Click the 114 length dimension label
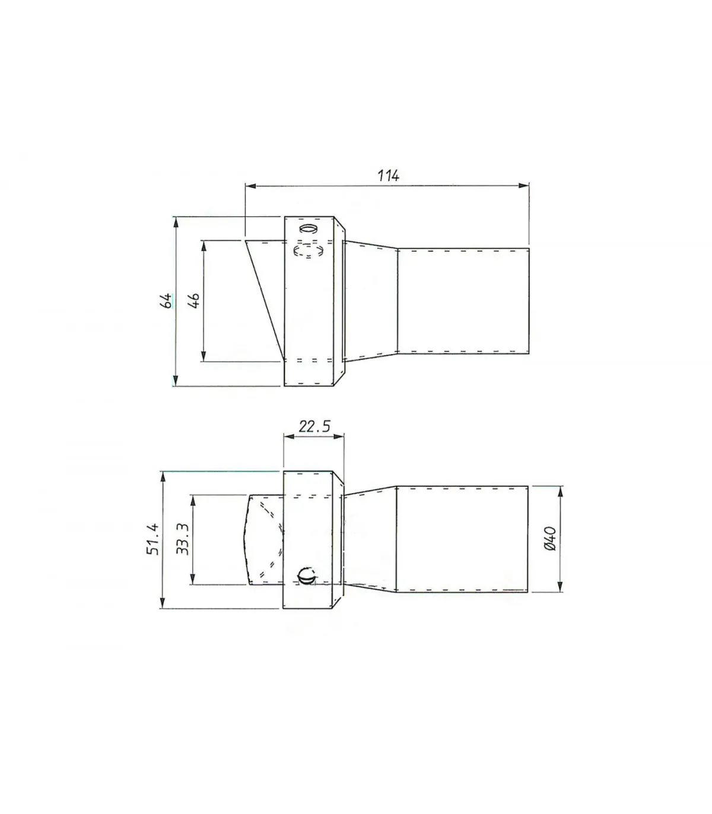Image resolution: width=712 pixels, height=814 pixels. (x=389, y=176)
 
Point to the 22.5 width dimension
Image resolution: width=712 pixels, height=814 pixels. (x=314, y=426)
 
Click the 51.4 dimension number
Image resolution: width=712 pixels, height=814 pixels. (x=153, y=539)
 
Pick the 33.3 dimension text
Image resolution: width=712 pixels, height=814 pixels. (x=183, y=539)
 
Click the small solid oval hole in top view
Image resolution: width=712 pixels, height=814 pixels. (x=309, y=229)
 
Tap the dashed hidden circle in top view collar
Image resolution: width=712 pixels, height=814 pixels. (x=309, y=250)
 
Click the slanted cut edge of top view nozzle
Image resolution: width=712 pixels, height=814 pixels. (x=265, y=300)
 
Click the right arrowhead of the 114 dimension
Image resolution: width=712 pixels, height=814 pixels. (x=525, y=186)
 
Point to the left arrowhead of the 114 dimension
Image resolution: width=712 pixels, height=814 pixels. (x=250, y=186)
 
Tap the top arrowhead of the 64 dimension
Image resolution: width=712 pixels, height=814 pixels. (x=175, y=221)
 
